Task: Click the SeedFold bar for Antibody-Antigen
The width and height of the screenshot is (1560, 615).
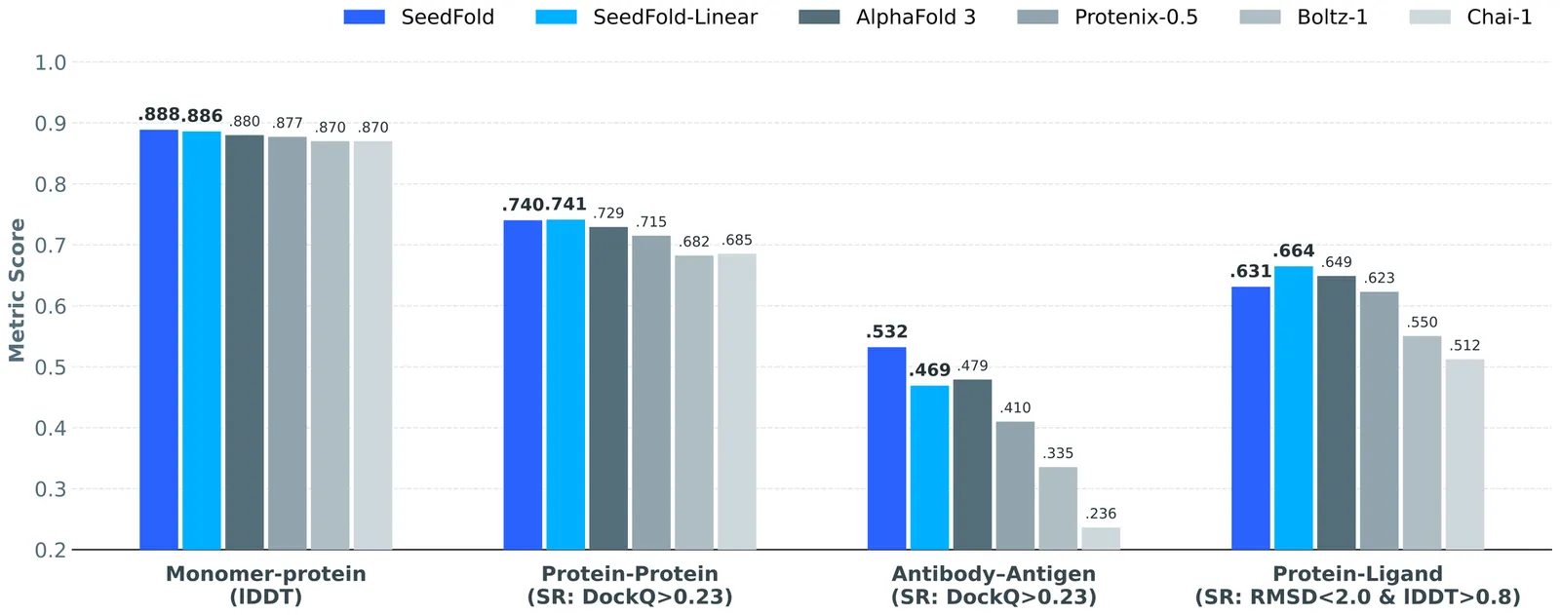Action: click(x=886, y=448)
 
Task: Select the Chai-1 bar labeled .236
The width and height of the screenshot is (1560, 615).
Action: click(x=1101, y=539)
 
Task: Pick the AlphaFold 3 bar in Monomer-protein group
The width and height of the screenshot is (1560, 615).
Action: click(x=245, y=342)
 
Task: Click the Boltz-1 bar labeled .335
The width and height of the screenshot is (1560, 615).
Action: click(x=1058, y=508)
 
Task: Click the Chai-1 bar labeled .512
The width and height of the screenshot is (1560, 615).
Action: click(x=1464, y=454)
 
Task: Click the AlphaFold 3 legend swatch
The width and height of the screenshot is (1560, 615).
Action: click(x=819, y=18)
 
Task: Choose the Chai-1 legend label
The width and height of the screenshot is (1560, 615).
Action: click(x=1500, y=18)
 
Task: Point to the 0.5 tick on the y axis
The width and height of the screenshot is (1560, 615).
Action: click(x=51, y=367)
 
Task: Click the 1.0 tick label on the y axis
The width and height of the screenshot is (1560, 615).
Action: click(x=51, y=63)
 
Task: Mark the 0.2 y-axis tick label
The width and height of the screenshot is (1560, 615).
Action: click(x=51, y=551)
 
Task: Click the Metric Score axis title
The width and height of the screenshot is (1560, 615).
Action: click(x=17, y=290)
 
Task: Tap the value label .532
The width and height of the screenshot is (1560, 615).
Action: click(x=886, y=332)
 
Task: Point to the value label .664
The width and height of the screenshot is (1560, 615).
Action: click(x=1294, y=251)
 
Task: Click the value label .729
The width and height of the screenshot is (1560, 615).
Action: click(x=608, y=213)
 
